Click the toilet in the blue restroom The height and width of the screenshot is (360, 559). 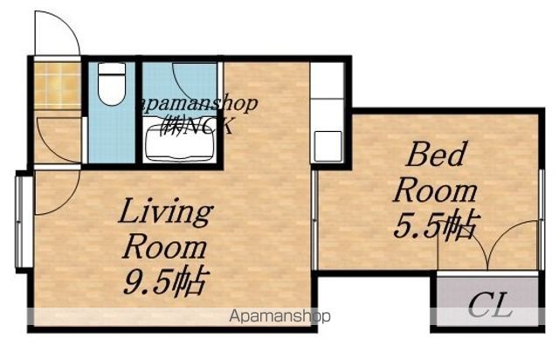pyautogui.click(x=112, y=84)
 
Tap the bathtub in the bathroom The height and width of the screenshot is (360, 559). pyautogui.click(x=179, y=142)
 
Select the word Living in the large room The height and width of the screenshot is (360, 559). pyautogui.click(x=166, y=212)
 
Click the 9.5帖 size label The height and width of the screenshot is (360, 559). pyautogui.click(x=165, y=282)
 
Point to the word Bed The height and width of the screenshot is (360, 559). pyautogui.click(x=437, y=154)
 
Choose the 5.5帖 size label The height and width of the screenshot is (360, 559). pyautogui.click(x=437, y=225)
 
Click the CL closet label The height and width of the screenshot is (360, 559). pyautogui.click(x=490, y=306)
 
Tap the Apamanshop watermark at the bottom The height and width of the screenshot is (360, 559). pyautogui.click(x=279, y=316)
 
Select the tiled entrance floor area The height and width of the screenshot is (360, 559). pyautogui.click(x=57, y=86)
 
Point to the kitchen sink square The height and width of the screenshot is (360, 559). pyautogui.click(x=328, y=146)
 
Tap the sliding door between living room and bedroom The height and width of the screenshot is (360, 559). pyautogui.click(x=314, y=220)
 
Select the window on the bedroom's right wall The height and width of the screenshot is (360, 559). pyautogui.click(x=542, y=220)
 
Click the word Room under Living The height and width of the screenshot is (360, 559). pyautogui.click(x=165, y=247)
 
